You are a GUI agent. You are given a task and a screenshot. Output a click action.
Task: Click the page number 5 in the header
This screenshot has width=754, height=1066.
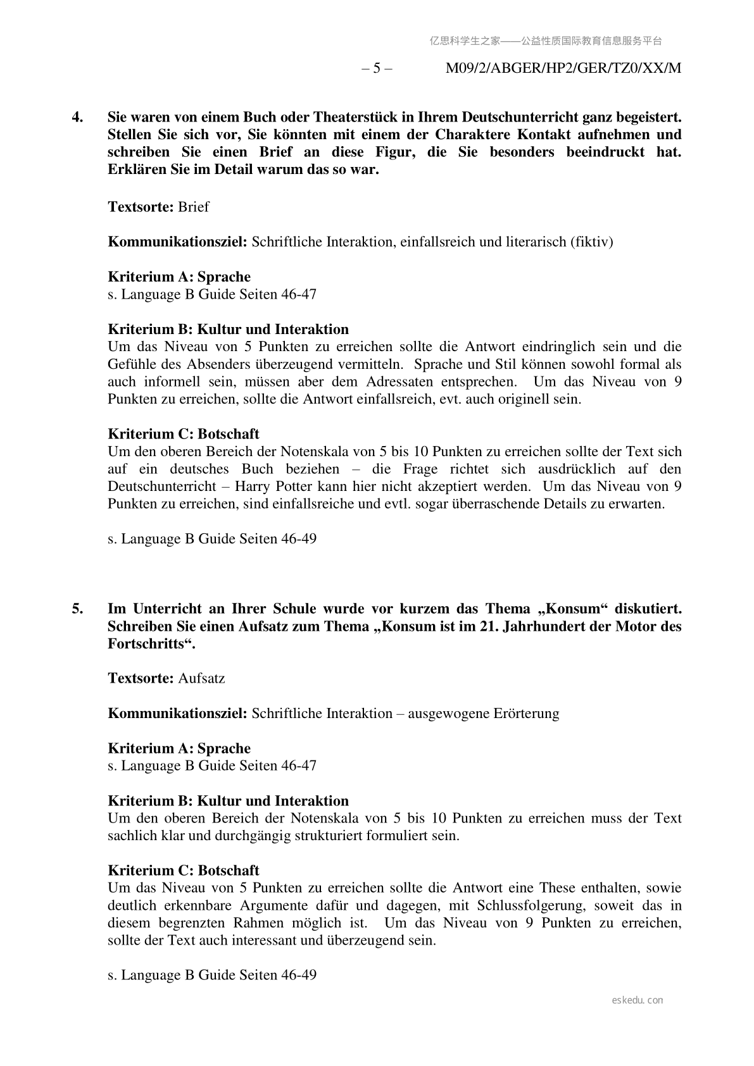[x=377, y=68]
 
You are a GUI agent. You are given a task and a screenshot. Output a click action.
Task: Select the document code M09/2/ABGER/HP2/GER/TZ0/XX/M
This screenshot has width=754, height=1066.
[x=563, y=68]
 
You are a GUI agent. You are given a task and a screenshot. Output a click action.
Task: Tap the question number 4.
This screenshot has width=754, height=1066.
[x=77, y=117]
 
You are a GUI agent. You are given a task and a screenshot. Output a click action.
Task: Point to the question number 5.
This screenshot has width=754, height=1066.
[x=77, y=609]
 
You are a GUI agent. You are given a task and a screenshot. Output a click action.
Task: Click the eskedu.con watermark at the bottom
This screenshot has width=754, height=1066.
[x=638, y=1000]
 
